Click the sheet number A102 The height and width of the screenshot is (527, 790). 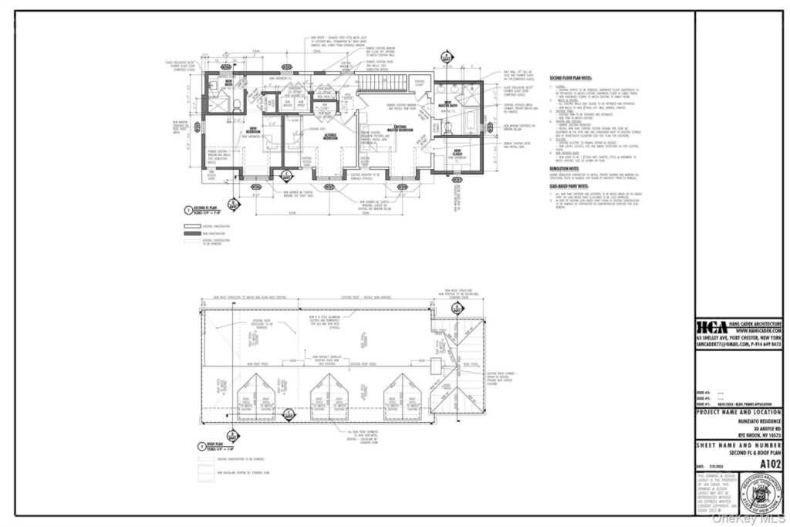[x=770, y=464]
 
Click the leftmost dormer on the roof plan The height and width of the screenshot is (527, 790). [x=255, y=398]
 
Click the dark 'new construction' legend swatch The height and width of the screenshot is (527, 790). [x=191, y=232]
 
